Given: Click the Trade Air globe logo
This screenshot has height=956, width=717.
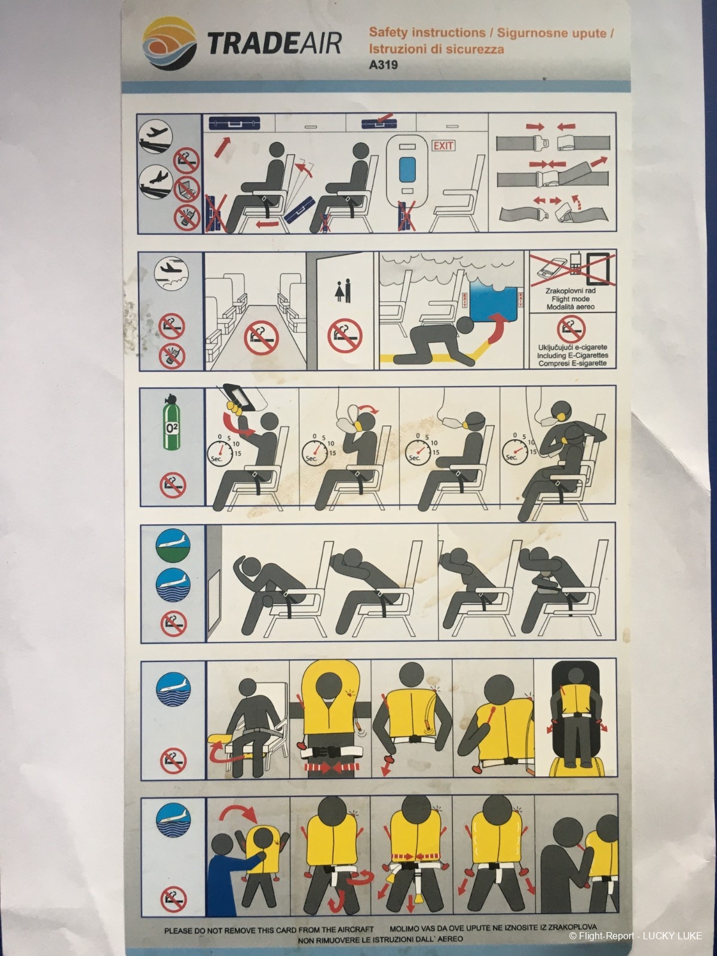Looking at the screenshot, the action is tap(169, 45).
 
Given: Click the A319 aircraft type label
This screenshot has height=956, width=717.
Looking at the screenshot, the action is tap(383, 65).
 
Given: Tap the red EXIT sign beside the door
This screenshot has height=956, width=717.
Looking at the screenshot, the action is tap(443, 145).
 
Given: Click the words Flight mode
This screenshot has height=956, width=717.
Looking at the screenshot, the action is tap(570, 299).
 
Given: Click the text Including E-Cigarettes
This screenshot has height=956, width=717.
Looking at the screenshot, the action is tap(572, 355).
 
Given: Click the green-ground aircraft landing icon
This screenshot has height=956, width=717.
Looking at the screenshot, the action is tap(173, 546).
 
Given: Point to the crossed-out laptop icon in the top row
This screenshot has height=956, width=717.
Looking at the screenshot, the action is tap(187, 189).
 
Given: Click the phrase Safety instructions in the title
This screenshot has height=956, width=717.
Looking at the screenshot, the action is tap(427, 32).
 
